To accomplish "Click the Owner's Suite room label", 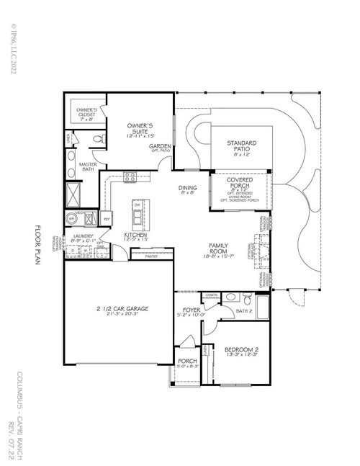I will coord(141,127).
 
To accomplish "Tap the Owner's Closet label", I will coord(86,114).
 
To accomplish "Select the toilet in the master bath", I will coord(100,138).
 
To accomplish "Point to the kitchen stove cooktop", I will coord(130,176).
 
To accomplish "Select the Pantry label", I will coord(151,256).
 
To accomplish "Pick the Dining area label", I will coord(187,191).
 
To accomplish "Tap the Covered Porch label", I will coord(238,184).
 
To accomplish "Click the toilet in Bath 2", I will coord(246,298).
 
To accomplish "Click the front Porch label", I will coord(186,362).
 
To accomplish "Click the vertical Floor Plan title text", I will coord(38,246).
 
